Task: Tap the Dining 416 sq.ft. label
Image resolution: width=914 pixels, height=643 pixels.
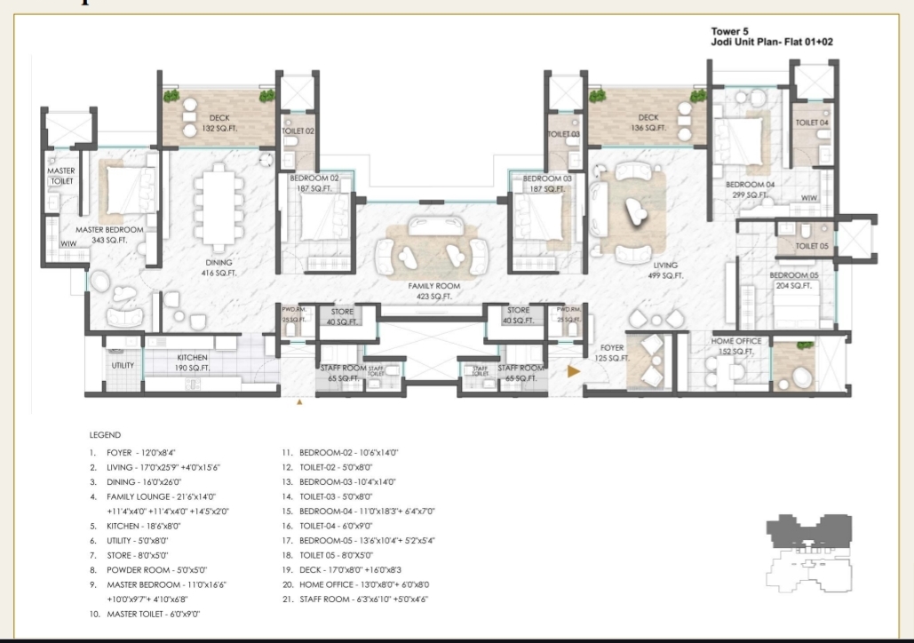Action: pyautogui.click(x=219, y=267)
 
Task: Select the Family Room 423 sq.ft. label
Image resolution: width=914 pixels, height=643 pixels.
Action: pyautogui.click(x=430, y=291)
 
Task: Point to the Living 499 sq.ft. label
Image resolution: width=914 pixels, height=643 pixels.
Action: pyautogui.click(x=665, y=270)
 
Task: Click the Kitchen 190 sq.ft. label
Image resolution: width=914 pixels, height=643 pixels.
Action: pyautogui.click(x=191, y=362)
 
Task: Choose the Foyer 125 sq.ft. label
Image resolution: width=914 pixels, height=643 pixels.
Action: pyautogui.click(x=612, y=353)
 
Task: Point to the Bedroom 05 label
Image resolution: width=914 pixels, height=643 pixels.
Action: pyautogui.click(x=791, y=280)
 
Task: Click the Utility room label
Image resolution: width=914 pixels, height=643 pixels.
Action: pyautogui.click(x=122, y=365)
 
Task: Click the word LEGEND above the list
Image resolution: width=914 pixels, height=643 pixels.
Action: pyautogui.click(x=105, y=435)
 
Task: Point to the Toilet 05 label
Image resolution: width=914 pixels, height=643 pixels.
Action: pyautogui.click(x=812, y=246)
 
